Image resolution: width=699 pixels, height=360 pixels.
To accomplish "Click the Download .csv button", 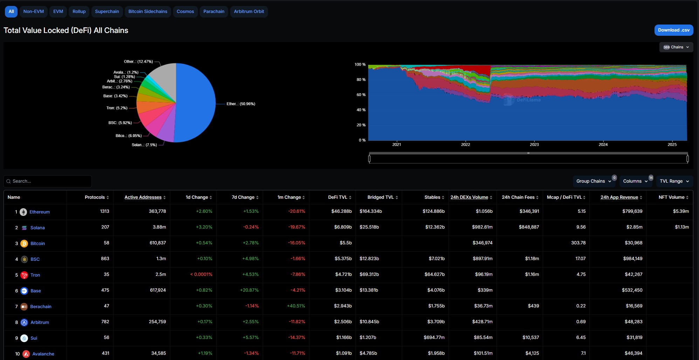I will (673, 30).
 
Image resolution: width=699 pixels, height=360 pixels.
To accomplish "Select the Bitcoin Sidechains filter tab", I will (148, 12).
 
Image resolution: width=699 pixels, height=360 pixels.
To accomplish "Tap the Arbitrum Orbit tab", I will (249, 12).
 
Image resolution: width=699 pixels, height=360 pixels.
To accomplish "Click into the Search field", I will (49, 181).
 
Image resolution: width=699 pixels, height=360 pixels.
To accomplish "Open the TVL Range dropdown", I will (674, 181).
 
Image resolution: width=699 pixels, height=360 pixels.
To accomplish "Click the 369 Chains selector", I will (676, 47).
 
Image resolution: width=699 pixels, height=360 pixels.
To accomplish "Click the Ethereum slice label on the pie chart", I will (241, 104).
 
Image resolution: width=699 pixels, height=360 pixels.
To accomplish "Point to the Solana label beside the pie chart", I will (144, 145).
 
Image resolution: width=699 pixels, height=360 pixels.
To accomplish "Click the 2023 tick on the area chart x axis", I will (534, 144).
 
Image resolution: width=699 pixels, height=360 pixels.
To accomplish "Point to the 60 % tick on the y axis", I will (361, 95).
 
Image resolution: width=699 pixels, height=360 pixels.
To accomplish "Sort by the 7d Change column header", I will (245, 197).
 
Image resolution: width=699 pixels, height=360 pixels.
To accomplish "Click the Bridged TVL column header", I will (382, 197).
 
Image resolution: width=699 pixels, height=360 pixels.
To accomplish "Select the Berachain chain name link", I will (41, 307).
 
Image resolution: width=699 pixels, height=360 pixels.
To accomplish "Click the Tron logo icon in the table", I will (24, 275).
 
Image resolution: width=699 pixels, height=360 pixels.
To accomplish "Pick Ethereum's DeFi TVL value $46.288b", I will (341, 211).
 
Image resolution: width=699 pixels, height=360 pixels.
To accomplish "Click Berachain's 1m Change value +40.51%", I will (296, 306).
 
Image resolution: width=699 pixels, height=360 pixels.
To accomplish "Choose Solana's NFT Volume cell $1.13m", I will (681, 227).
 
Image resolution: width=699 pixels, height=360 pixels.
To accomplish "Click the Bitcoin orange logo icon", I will (24, 244).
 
